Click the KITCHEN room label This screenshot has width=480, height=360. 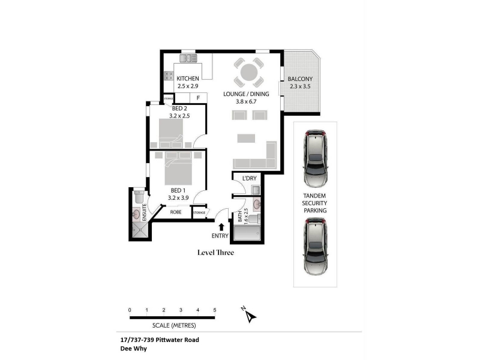pos(188,79)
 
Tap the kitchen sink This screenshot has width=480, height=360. pos(188,58)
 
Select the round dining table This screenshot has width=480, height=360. pos(249,73)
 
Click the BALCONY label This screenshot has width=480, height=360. pos(300,79)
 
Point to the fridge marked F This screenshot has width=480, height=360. pos(199,98)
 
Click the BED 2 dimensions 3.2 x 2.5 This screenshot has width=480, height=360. pos(179,116)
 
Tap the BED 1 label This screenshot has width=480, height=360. pos(178,190)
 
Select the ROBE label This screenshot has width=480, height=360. pos(176,212)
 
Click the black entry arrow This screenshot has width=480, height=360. pos(221,227)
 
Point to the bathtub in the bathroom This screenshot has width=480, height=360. pos(247,233)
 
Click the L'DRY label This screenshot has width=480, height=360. pos(249,178)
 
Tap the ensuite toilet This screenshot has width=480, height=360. pos(139,196)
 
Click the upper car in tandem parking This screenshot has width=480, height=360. pos(316,158)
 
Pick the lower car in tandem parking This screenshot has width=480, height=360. pos(316,247)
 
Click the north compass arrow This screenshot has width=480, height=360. pos(251,317)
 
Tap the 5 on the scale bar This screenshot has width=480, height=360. pos(215,310)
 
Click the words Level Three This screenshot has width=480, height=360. pos(215,253)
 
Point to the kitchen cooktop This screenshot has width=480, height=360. pos(169,76)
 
